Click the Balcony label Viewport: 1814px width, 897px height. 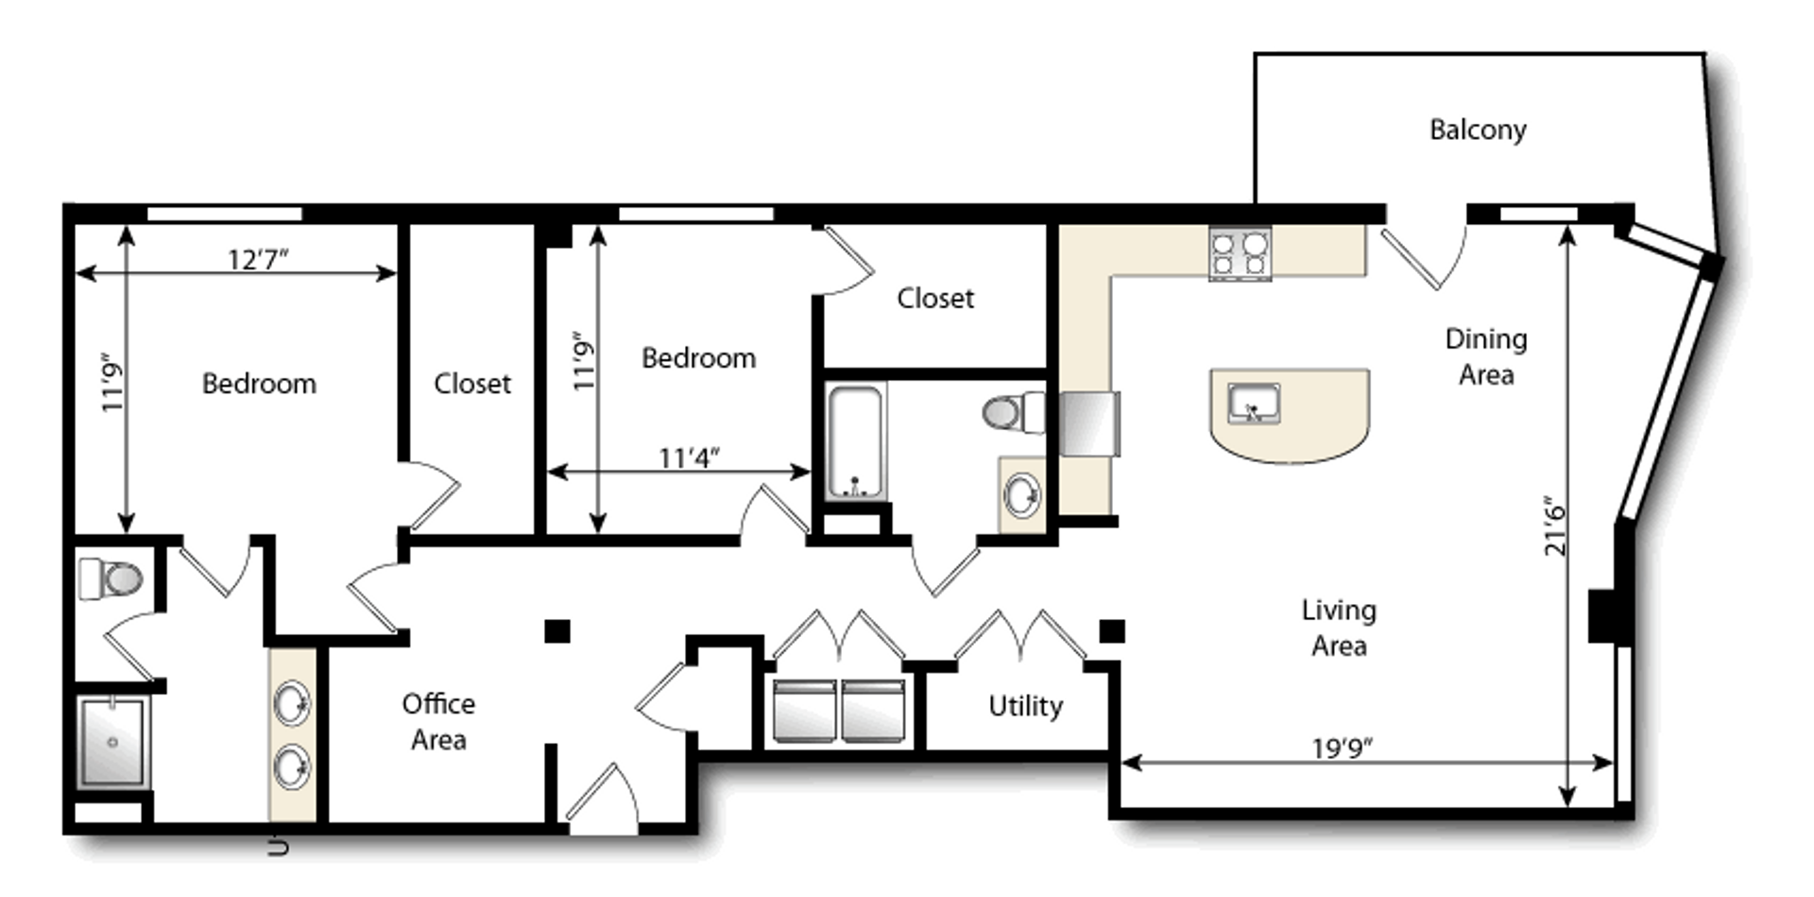(1478, 129)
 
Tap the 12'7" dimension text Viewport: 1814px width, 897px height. (258, 258)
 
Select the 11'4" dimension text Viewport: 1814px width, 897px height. (689, 457)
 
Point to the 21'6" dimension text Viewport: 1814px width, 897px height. (1555, 526)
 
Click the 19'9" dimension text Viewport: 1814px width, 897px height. (1342, 748)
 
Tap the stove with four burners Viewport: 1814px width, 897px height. (1240, 253)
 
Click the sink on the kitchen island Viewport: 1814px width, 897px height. (1254, 404)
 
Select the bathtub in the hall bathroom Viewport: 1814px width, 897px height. (856, 440)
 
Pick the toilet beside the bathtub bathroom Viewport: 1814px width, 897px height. (1014, 412)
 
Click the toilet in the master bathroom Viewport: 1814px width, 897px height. (111, 578)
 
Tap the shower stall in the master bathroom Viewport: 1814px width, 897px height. (112, 742)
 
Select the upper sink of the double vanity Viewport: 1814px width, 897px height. (292, 703)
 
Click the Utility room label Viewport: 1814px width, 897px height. (1025, 705)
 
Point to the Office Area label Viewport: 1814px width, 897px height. (438, 721)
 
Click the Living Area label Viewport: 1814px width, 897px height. (1339, 628)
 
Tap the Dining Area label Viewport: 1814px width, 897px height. (1486, 356)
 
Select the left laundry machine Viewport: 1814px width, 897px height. (804, 710)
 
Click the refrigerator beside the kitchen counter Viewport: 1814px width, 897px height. (1088, 423)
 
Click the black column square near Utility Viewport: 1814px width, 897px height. (1112, 630)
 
